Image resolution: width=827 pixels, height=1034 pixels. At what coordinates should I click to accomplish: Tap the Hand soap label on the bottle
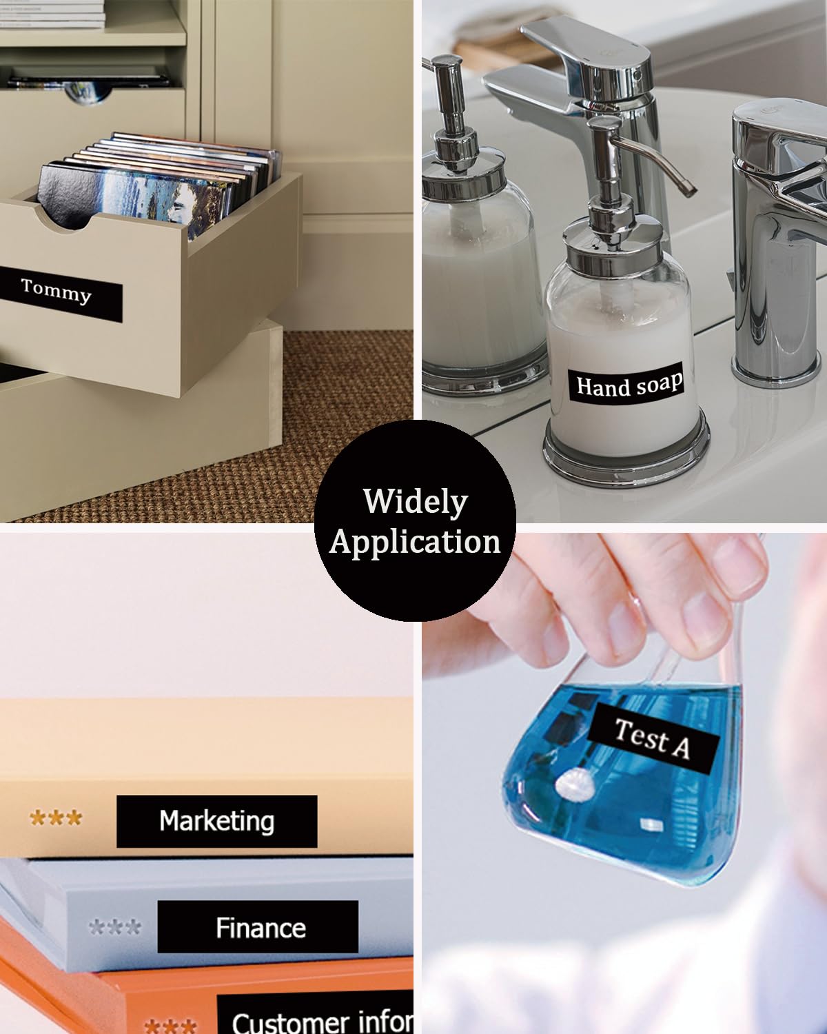coord(626,385)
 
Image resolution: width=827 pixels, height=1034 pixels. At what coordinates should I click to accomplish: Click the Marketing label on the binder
coord(216,821)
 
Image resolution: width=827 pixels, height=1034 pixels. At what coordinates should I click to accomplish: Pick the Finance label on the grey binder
coord(258,927)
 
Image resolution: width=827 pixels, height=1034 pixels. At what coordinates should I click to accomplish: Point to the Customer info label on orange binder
coord(315,1013)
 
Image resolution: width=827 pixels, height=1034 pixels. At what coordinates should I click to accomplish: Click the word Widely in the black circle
coord(416,502)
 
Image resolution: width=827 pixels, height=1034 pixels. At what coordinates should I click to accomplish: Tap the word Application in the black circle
coord(415,542)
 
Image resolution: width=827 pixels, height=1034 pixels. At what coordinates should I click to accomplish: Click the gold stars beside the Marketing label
coord(56,818)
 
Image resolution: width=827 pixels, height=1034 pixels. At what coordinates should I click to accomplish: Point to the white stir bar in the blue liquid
coord(575,785)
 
